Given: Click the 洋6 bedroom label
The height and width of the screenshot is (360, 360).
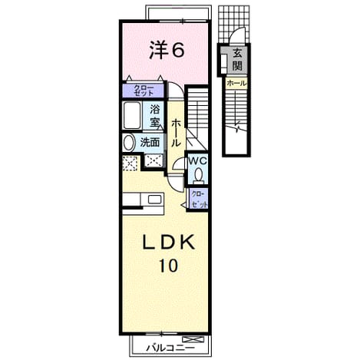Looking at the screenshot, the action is click(x=167, y=50).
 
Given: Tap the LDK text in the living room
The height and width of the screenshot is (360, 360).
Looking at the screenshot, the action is click(x=169, y=243).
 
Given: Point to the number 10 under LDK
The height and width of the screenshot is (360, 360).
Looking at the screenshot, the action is click(x=169, y=266).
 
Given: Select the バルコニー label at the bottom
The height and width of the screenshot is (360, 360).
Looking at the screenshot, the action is click(x=170, y=348).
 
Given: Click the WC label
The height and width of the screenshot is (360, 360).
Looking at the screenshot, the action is click(x=198, y=161).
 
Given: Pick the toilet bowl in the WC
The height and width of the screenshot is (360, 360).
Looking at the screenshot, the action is click(x=198, y=174).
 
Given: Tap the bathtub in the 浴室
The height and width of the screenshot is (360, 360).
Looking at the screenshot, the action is click(x=132, y=115).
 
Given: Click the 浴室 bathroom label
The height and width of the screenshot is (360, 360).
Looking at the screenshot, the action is click(x=155, y=116).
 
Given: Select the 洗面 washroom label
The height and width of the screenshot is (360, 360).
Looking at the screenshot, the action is click(x=150, y=142).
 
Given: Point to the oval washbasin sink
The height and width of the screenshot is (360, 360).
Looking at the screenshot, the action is click(x=129, y=143).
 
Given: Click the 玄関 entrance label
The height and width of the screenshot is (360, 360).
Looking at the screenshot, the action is click(x=237, y=60).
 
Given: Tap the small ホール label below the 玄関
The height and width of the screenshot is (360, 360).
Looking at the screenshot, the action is click(x=236, y=83).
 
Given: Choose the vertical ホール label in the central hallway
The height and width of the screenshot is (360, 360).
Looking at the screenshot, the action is click(x=175, y=133).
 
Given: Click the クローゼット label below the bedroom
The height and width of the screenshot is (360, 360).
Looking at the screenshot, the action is click(x=144, y=91).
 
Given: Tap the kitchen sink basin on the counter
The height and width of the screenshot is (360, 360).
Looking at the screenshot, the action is click(x=154, y=199).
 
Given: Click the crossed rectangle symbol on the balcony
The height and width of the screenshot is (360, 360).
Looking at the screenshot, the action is click(x=193, y=339).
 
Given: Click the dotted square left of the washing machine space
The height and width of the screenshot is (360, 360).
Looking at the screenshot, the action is click(x=130, y=163).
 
